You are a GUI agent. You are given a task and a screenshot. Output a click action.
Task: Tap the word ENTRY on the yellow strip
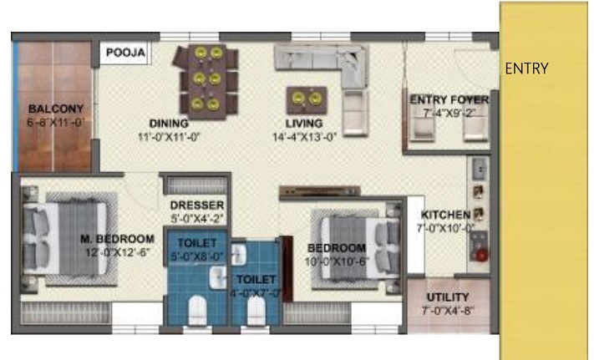pyautogui.click(x=526, y=68)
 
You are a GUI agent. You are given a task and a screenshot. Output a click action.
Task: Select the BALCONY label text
pyautogui.click(x=55, y=109)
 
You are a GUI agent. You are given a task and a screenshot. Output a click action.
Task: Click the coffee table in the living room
pyautogui.click(x=304, y=99)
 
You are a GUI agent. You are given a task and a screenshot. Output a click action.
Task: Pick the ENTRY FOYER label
pyautogui.click(x=449, y=100)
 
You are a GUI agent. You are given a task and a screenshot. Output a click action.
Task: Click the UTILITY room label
pyautogui.click(x=448, y=297)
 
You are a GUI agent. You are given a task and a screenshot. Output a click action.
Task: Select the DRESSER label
pyautogui.click(x=196, y=205)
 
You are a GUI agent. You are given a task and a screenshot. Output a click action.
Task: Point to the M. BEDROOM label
pyautogui.click(x=117, y=239)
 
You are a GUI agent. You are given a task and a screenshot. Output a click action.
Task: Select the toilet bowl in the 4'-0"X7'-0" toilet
pyautogui.click(x=256, y=312)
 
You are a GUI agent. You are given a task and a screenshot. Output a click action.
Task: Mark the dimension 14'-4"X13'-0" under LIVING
pyautogui.click(x=303, y=138)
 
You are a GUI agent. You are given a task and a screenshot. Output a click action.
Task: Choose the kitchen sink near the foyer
pyautogui.click(x=480, y=170)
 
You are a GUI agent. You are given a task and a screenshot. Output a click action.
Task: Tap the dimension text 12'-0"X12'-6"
pyautogui.click(x=117, y=251)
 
